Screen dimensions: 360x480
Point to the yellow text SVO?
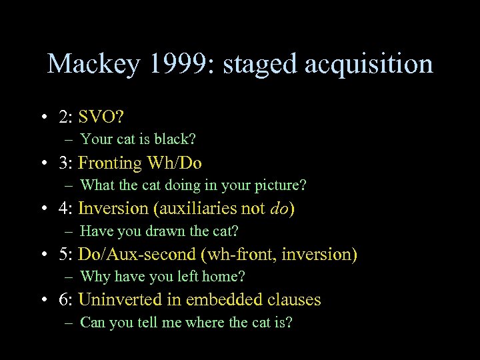pos(100,117)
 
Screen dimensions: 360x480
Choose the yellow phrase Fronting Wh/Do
pos(140,163)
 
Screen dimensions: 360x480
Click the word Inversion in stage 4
pos(113,209)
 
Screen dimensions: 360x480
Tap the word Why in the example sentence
pos(93,276)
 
